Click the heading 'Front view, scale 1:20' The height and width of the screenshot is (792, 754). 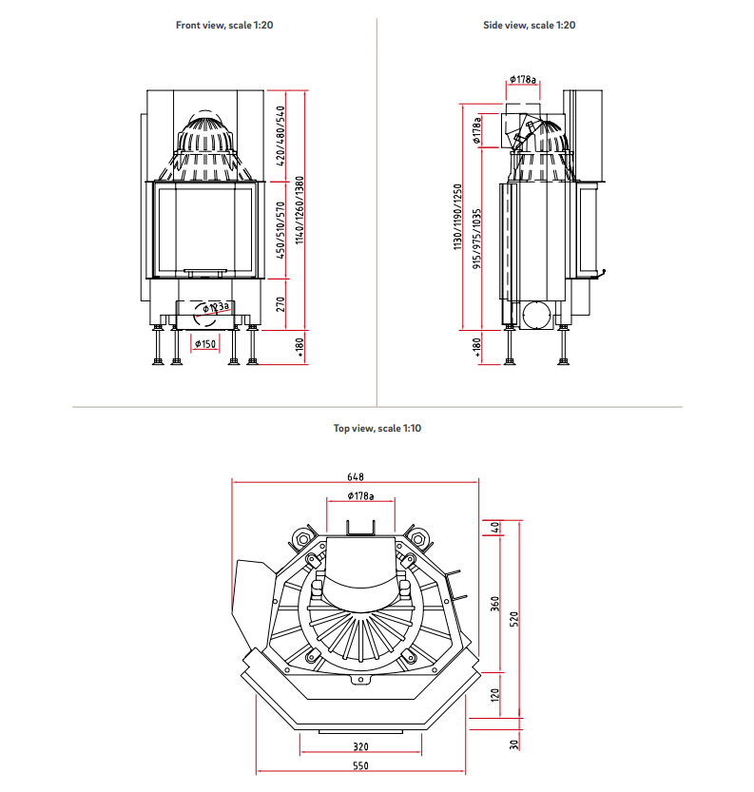224,25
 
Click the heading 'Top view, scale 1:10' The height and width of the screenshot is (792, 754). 377,429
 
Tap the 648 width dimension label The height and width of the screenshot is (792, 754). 356,477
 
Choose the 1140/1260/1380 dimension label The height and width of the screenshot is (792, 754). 300,210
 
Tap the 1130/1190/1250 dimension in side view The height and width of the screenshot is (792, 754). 457,217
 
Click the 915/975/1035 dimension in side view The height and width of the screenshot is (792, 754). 476,238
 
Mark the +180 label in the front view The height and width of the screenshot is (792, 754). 300,349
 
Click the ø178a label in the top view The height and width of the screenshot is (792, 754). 359,496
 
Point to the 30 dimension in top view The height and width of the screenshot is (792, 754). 513,744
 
